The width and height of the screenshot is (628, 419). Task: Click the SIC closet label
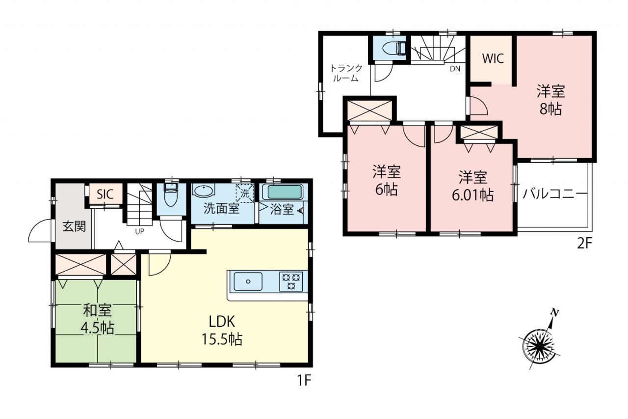105,194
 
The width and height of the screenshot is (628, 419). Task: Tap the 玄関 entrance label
74,226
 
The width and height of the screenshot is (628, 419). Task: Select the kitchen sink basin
248,281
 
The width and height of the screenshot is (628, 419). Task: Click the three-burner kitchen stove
291,281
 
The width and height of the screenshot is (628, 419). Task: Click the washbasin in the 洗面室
203,191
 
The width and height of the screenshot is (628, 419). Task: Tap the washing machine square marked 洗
245,193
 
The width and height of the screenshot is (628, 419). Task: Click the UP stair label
140,231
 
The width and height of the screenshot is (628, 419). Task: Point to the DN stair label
455,69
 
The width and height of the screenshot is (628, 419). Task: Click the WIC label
493,58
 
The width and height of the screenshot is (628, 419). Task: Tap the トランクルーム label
346,73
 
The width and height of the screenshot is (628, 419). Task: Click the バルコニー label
555,194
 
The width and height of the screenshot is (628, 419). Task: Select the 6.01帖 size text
472,195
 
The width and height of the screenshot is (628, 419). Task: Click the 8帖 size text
550,109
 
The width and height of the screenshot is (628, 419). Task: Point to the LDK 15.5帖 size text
222,339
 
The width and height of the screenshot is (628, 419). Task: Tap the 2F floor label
584,244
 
